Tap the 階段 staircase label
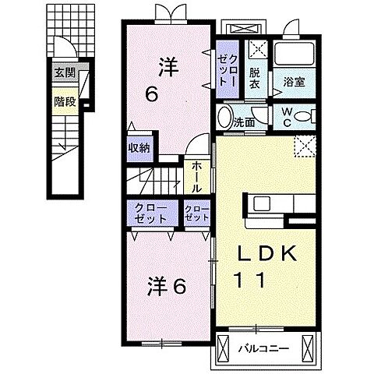click(64, 101)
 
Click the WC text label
click(288, 118)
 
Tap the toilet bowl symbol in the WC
click(305, 118)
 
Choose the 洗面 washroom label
click(245, 122)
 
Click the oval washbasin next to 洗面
click(224, 118)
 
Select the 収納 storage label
click(140, 147)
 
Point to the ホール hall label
click(194, 177)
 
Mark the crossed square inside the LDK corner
click(305, 145)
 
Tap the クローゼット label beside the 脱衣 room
click(228, 67)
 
